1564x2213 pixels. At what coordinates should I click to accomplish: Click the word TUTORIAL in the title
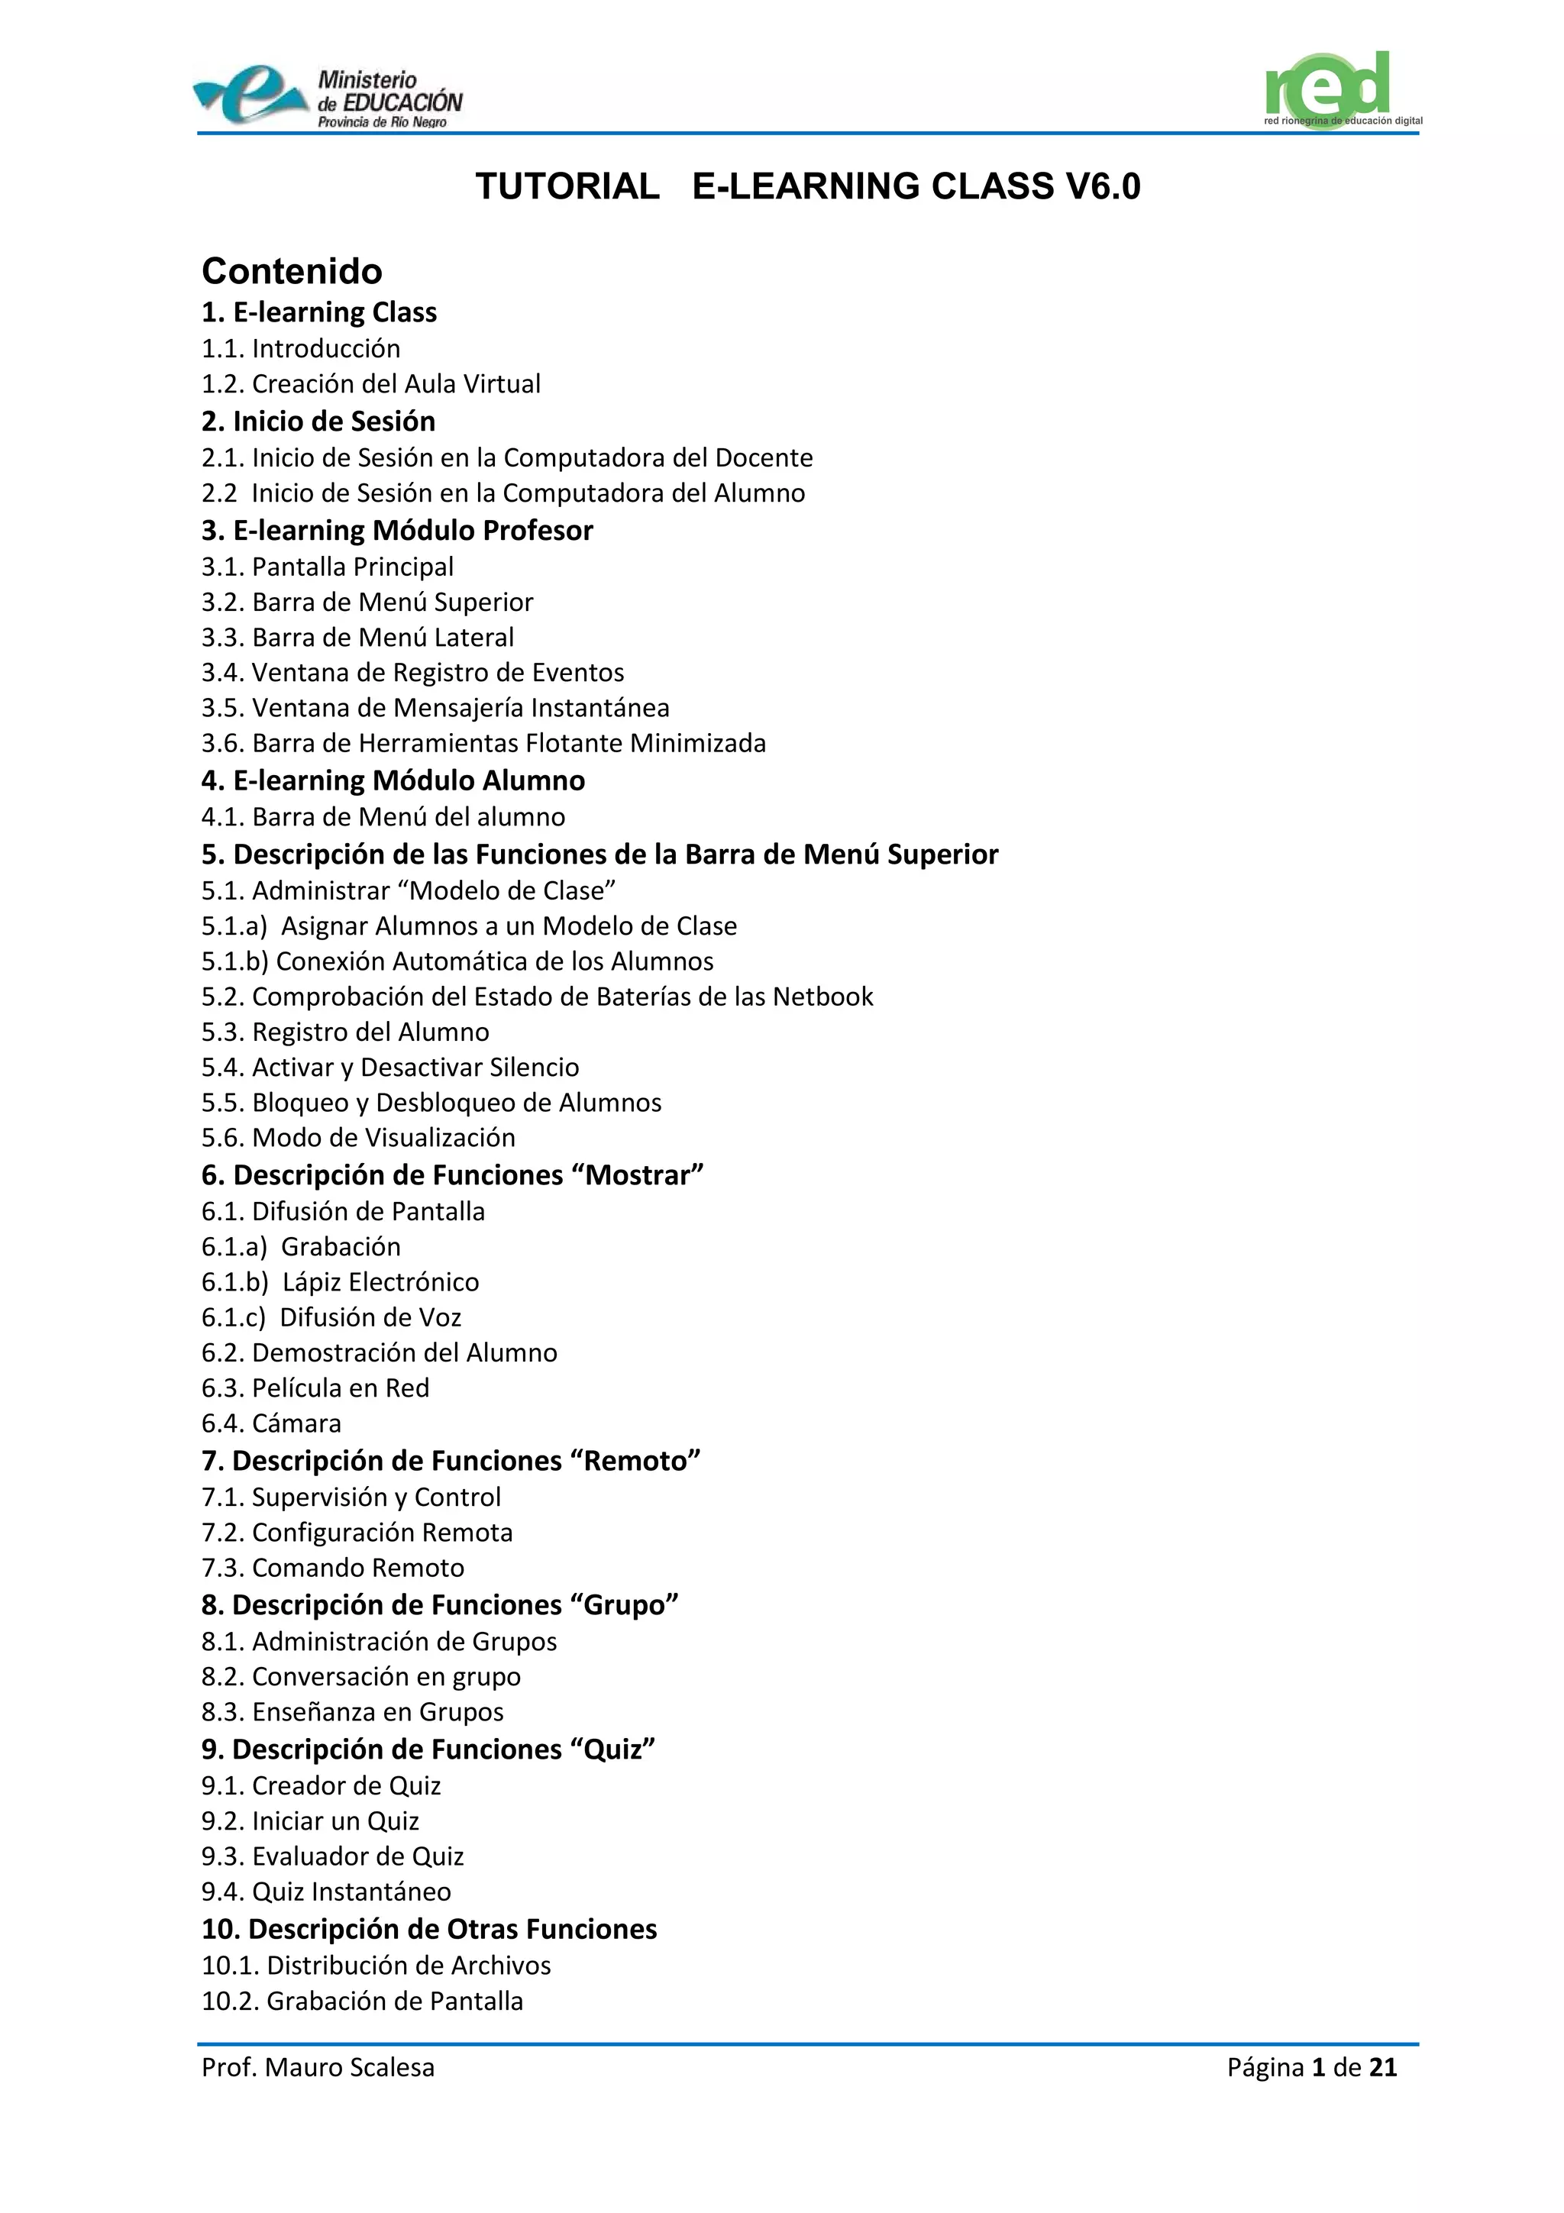567,187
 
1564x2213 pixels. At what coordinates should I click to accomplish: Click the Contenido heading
291,272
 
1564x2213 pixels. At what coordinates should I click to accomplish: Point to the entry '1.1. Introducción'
301,349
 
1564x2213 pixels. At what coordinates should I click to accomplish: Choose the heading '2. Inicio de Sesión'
318,422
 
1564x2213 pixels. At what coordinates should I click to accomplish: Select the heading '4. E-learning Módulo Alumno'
393,780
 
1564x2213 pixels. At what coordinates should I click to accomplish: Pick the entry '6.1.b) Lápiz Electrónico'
340,1282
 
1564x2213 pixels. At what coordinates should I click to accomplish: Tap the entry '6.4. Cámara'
271,1423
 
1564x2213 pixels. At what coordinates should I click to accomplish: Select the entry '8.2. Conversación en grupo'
360,1677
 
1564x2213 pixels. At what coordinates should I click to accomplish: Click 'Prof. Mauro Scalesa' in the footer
318,2067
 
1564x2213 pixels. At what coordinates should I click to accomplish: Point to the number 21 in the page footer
1383,2067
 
